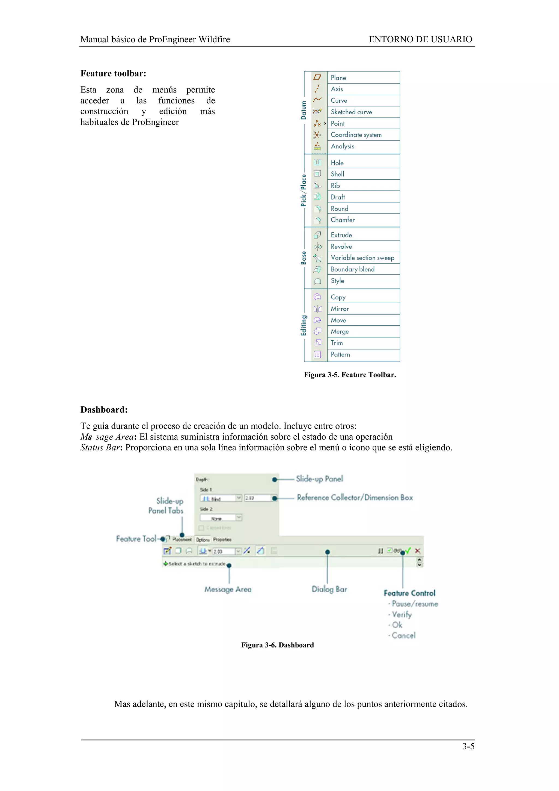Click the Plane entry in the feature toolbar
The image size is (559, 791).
click(338, 78)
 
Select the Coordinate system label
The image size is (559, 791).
click(356, 135)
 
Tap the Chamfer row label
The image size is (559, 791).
click(342, 220)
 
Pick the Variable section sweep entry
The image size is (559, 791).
click(362, 258)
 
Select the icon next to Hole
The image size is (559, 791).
click(317, 162)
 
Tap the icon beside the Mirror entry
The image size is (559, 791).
click(317, 309)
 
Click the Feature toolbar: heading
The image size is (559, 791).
click(113, 73)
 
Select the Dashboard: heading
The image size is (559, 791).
click(104, 410)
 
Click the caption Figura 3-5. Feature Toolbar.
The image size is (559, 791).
click(350, 375)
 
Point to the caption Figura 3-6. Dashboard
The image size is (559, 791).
click(277, 645)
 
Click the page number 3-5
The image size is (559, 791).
click(468, 746)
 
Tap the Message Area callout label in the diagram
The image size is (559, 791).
click(228, 590)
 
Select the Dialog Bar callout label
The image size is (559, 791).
click(329, 589)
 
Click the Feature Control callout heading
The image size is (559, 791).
click(409, 593)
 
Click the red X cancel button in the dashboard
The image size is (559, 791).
click(417, 551)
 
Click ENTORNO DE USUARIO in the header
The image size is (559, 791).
click(420, 39)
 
